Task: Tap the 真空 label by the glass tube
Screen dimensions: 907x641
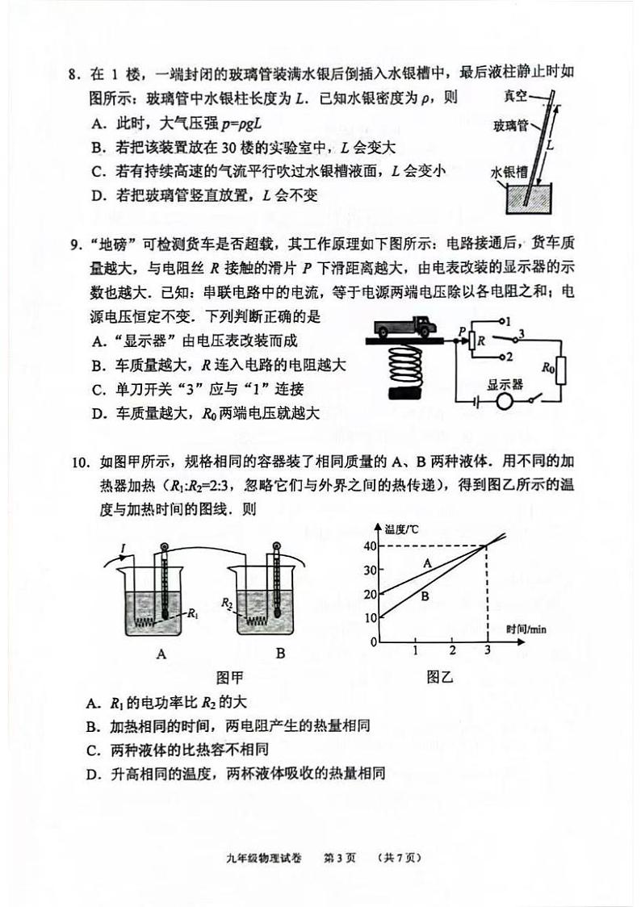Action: coord(514,96)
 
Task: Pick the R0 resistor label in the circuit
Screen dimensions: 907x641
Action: coord(548,368)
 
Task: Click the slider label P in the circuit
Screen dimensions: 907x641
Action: coord(462,329)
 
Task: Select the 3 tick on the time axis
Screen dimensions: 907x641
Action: coord(487,651)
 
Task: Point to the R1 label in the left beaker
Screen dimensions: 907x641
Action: coord(192,614)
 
